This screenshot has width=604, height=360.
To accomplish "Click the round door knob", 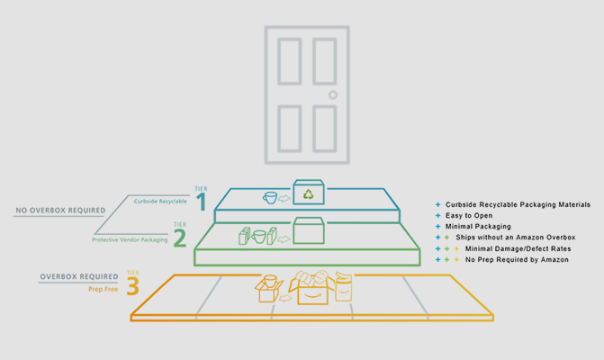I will [332, 94].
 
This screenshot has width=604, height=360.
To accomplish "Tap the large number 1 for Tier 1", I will [202, 202].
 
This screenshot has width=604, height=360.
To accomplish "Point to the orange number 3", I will [133, 285].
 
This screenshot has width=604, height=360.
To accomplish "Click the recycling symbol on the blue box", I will [309, 193].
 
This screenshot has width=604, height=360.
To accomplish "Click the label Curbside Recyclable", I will [161, 201].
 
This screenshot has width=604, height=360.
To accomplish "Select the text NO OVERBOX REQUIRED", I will [59, 211].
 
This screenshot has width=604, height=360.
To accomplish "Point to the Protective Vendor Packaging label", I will [131, 239].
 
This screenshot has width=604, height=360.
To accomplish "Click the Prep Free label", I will [104, 289].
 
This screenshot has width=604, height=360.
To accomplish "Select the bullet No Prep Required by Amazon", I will [517, 259].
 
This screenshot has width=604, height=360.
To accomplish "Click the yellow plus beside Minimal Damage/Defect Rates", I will [455, 248].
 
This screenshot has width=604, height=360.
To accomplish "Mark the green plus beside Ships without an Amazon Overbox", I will [446, 238].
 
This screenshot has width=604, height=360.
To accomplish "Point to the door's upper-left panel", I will [290, 61].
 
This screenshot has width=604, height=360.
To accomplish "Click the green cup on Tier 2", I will [259, 236].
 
